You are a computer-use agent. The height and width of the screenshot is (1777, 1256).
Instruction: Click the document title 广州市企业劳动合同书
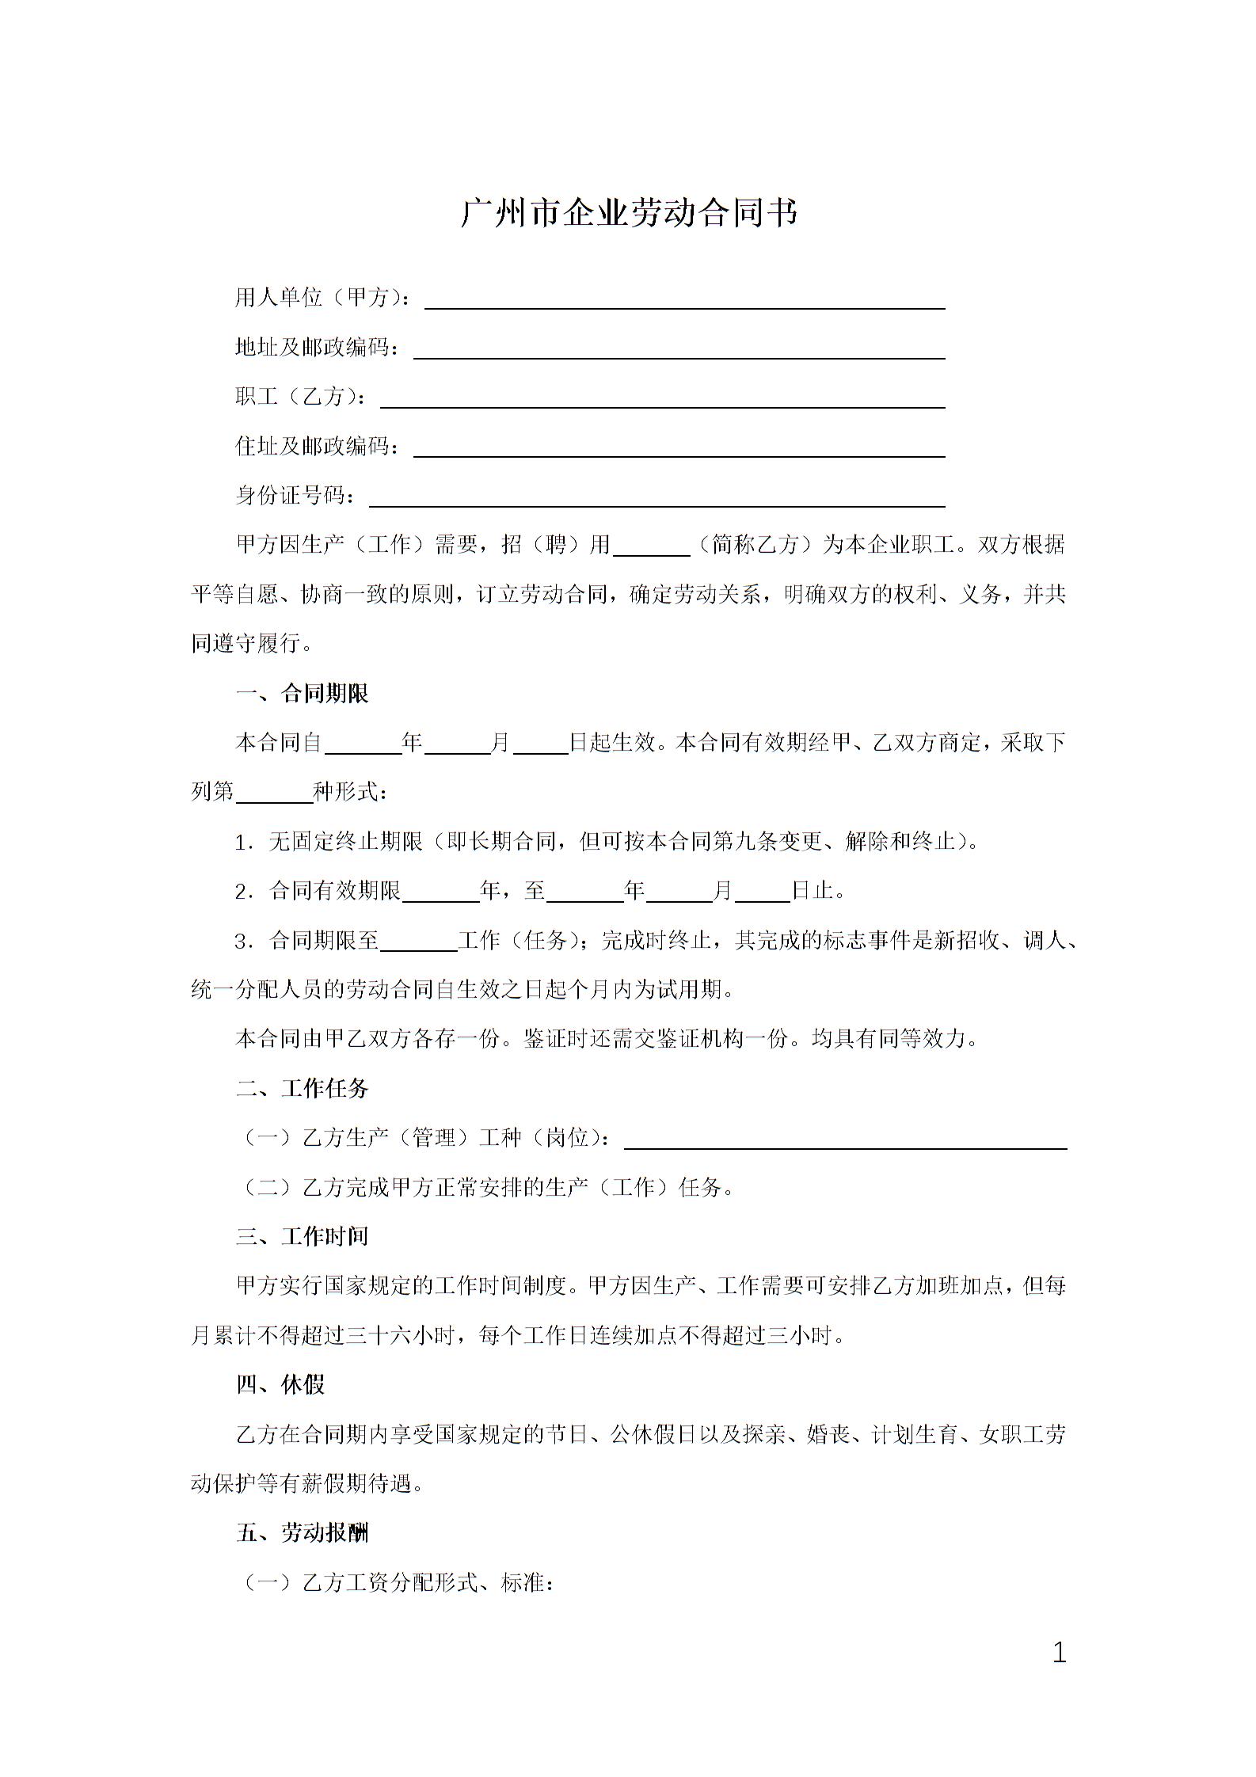point(629,213)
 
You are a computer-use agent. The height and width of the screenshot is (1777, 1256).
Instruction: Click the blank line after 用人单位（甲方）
point(685,302)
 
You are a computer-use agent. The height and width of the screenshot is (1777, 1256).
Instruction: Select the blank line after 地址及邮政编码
point(679,352)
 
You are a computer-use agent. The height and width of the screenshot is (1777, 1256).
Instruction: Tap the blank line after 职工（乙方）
point(662,401)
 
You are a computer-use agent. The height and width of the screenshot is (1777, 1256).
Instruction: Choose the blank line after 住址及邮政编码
point(679,450)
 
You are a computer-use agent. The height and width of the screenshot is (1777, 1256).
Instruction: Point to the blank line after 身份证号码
point(657,500)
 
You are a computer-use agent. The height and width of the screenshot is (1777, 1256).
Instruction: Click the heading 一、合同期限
point(303,694)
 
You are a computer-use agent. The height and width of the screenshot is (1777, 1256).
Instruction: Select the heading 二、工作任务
point(303,1088)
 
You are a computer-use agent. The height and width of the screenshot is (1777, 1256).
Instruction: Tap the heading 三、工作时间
point(303,1236)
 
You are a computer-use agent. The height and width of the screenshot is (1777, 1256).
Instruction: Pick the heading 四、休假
point(280,1384)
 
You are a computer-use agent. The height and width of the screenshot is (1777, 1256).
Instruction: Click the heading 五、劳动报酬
point(303,1532)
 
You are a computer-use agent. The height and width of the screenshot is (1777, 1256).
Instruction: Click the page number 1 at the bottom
point(1060,1653)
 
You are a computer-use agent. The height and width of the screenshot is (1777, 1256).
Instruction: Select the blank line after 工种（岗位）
point(845,1141)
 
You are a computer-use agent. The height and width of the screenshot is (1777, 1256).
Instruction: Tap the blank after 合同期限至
point(419,943)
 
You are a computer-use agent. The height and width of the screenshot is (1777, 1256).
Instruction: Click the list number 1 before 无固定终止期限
point(243,843)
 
